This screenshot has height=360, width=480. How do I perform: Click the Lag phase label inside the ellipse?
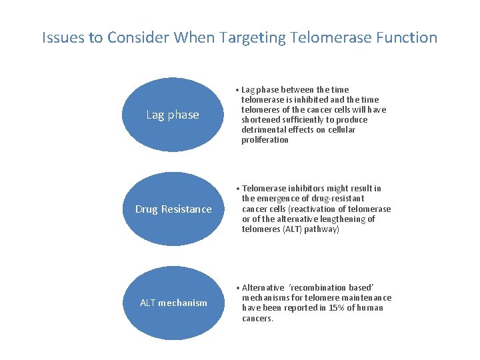pos(173,115)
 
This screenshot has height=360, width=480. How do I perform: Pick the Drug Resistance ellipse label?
pos(173,209)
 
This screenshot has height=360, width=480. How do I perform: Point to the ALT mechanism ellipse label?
pos(173,303)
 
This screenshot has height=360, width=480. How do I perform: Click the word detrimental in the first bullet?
pos(265,130)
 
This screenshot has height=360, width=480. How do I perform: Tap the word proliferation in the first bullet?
pos(265,140)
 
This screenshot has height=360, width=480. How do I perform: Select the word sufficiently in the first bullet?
pos(305,120)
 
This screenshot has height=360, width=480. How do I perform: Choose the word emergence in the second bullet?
pos(279,199)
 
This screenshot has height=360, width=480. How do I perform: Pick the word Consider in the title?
pos(140,37)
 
